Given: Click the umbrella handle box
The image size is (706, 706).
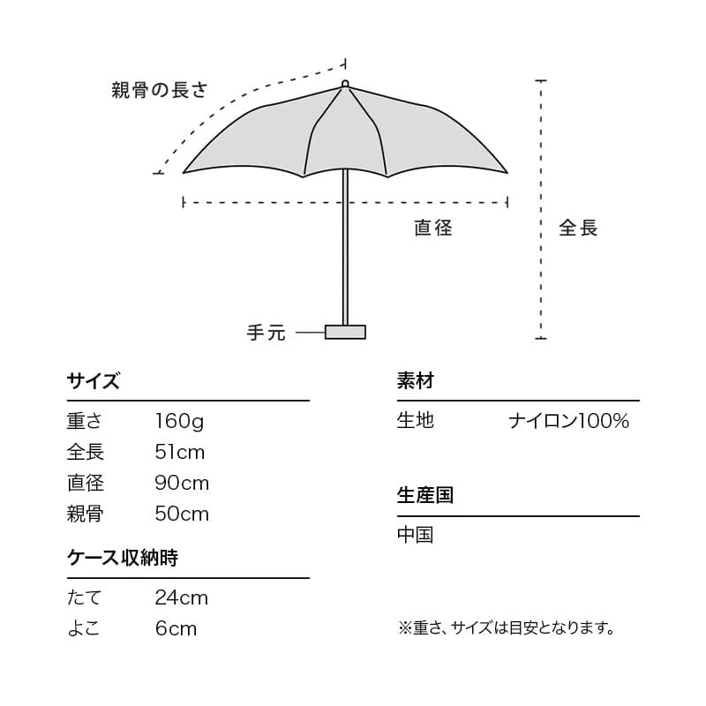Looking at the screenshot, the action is coord(345,332).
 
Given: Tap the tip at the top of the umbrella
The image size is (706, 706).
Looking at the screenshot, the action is coord(345,84).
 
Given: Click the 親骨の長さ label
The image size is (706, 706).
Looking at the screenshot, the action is coord(160,90).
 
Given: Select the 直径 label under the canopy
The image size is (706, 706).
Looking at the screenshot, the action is coord(433,228).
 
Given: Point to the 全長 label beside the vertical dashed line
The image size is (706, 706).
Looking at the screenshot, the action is coord(578,228).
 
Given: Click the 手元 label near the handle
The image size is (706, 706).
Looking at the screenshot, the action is coord(267,333).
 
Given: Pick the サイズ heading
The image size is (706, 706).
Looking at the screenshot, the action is coord(94,381).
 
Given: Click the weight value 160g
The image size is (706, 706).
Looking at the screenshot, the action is coord(179,422).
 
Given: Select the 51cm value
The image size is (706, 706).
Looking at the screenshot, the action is coord(180,452).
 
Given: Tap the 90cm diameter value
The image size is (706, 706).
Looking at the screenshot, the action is coord(182,483).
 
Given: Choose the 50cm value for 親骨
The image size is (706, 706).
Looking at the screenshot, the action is coord(182,514).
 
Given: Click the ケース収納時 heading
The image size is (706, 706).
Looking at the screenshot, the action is coord(123,558).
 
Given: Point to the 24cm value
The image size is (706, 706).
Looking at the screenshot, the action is coord(182,598).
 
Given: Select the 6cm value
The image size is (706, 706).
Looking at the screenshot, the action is coord(176,628).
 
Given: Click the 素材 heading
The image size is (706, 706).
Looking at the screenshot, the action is coord(415,381).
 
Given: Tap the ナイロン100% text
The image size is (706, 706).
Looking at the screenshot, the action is coord(568,421).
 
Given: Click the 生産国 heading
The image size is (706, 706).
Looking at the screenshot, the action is coord(425,495).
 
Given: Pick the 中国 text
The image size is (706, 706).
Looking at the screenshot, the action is coord(415,535).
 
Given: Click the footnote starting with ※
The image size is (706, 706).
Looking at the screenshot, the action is coord(506,627).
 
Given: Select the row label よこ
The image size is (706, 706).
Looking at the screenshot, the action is coord(83,628).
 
